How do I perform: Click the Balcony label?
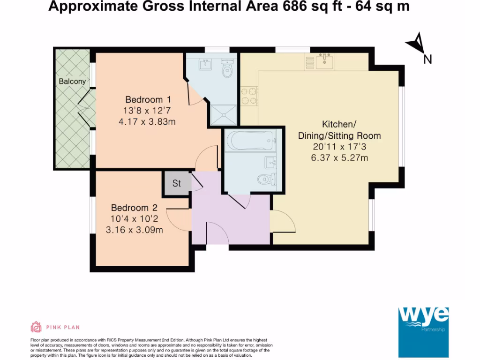[72, 81]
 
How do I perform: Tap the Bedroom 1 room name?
[148, 99]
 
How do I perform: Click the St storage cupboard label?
[176, 183]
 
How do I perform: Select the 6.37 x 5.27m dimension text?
[339, 157]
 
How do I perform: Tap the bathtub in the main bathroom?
[249, 140]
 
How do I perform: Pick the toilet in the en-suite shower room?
[227, 71]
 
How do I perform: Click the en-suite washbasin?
[206, 64]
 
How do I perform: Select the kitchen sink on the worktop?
[324, 60]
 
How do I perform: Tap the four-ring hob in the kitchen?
[249, 96]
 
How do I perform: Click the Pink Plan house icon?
[36, 327]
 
